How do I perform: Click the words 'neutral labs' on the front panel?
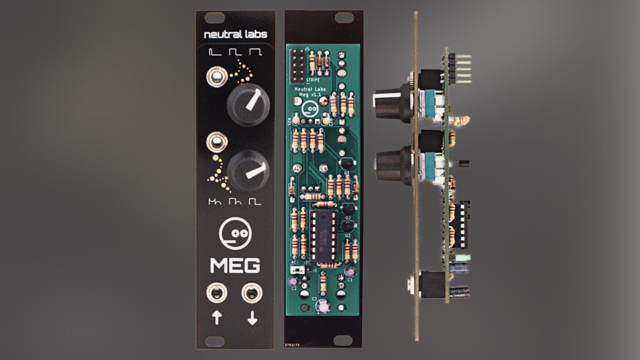pyautogui.click(x=235, y=35)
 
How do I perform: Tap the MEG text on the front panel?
pyautogui.click(x=235, y=265)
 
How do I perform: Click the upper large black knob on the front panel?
pyautogui.click(x=248, y=104)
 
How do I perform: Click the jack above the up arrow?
pyautogui.click(x=217, y=293)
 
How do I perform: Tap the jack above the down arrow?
pyautogui.click(x=252, y=293)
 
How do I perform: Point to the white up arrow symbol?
pyautogui.click(x=217, y=318)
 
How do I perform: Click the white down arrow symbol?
pyautogui.click(x=252, y=318)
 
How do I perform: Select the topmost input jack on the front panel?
pyautogui.click(x=217, y=77)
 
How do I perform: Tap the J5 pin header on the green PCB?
pyautogui.click(x=297, y=66)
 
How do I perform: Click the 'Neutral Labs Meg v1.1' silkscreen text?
pyautogui.click(x=310, y=92)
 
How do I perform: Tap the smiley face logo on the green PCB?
pyautogui.click(x=310, y=109)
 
